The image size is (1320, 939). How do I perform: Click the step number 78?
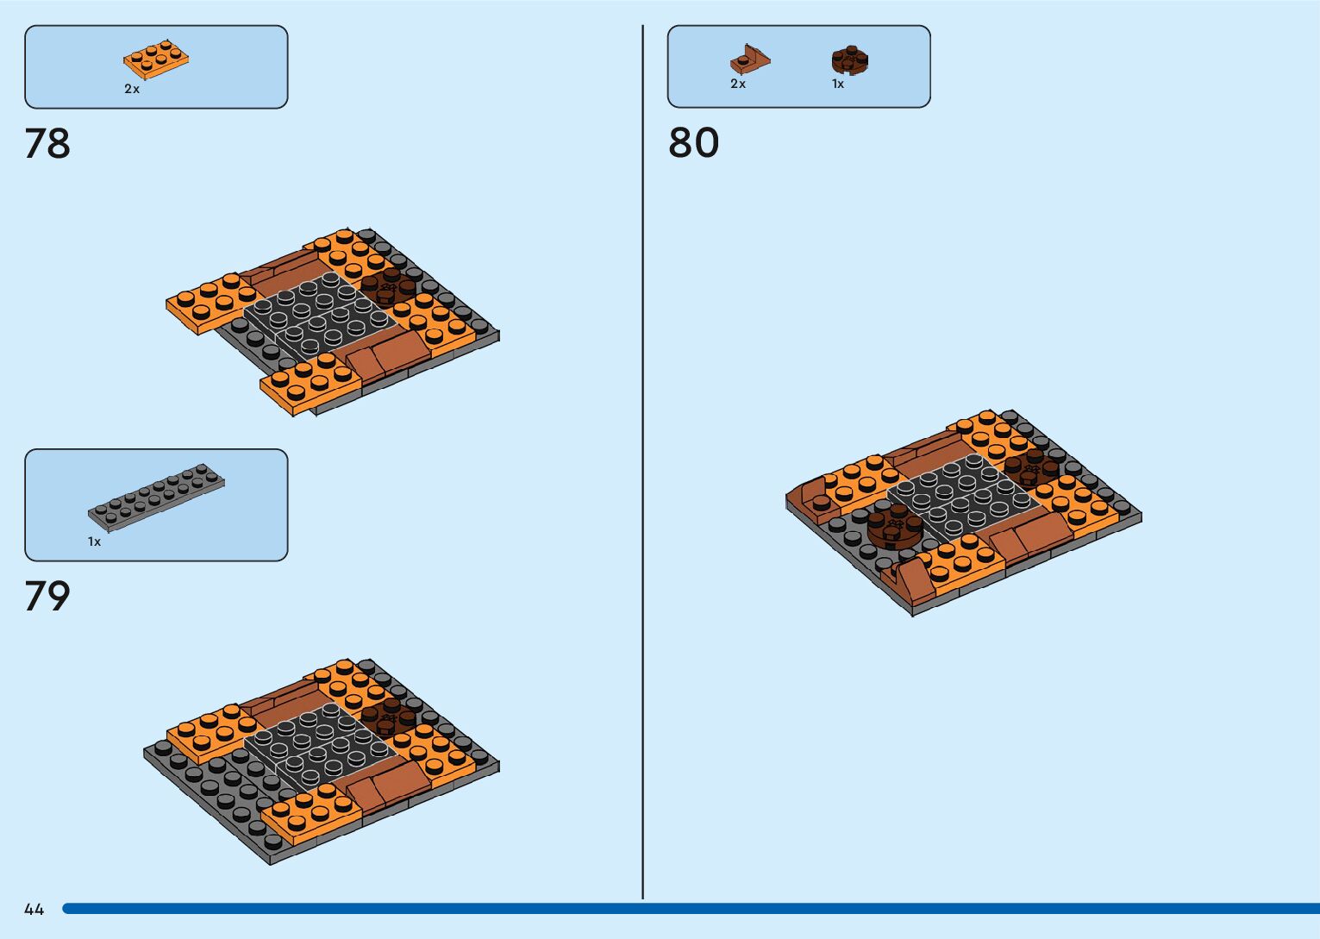coord(47,143)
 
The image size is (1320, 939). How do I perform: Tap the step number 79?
coord(47,596)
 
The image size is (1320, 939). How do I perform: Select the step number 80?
coord(693,143)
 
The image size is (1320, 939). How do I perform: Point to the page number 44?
coord(34,909)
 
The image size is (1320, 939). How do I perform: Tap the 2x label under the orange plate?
coord(132,89)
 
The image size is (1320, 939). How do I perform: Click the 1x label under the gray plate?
coord(94,541)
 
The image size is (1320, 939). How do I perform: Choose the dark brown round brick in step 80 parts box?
coord(849,61)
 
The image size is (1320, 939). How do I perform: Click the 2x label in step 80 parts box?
coord(738,84)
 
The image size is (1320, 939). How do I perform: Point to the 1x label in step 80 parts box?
coord(838,84)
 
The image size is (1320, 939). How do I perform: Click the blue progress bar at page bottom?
coord(690,909)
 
